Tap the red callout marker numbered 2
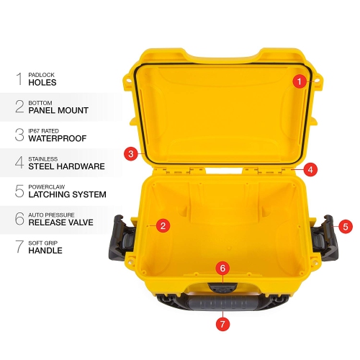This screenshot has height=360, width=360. [x=163, y=226]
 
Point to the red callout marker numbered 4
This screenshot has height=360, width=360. [x=310, y=170]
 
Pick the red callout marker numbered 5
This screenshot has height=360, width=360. [x=346, y=226]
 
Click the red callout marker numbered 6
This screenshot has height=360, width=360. [x=222, y=268]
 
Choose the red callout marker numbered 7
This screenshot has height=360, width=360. [x=222, y=323]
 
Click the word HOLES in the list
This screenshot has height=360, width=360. [x=42, y=83]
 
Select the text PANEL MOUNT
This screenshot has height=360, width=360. [x=58, y=111]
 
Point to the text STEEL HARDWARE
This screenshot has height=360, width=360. [x=66, y=166]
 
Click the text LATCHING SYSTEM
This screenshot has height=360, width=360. [x=67, y=194]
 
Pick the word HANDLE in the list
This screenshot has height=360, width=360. [x=45, y=251]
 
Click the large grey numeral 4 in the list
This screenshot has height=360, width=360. [x=17, y=163]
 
